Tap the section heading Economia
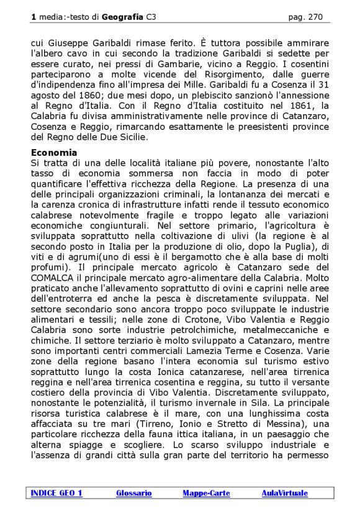[x=54, y=152]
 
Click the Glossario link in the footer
[x=134, y=493]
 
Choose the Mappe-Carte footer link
[x=206, y=493]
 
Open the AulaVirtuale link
[x=284, y=493]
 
